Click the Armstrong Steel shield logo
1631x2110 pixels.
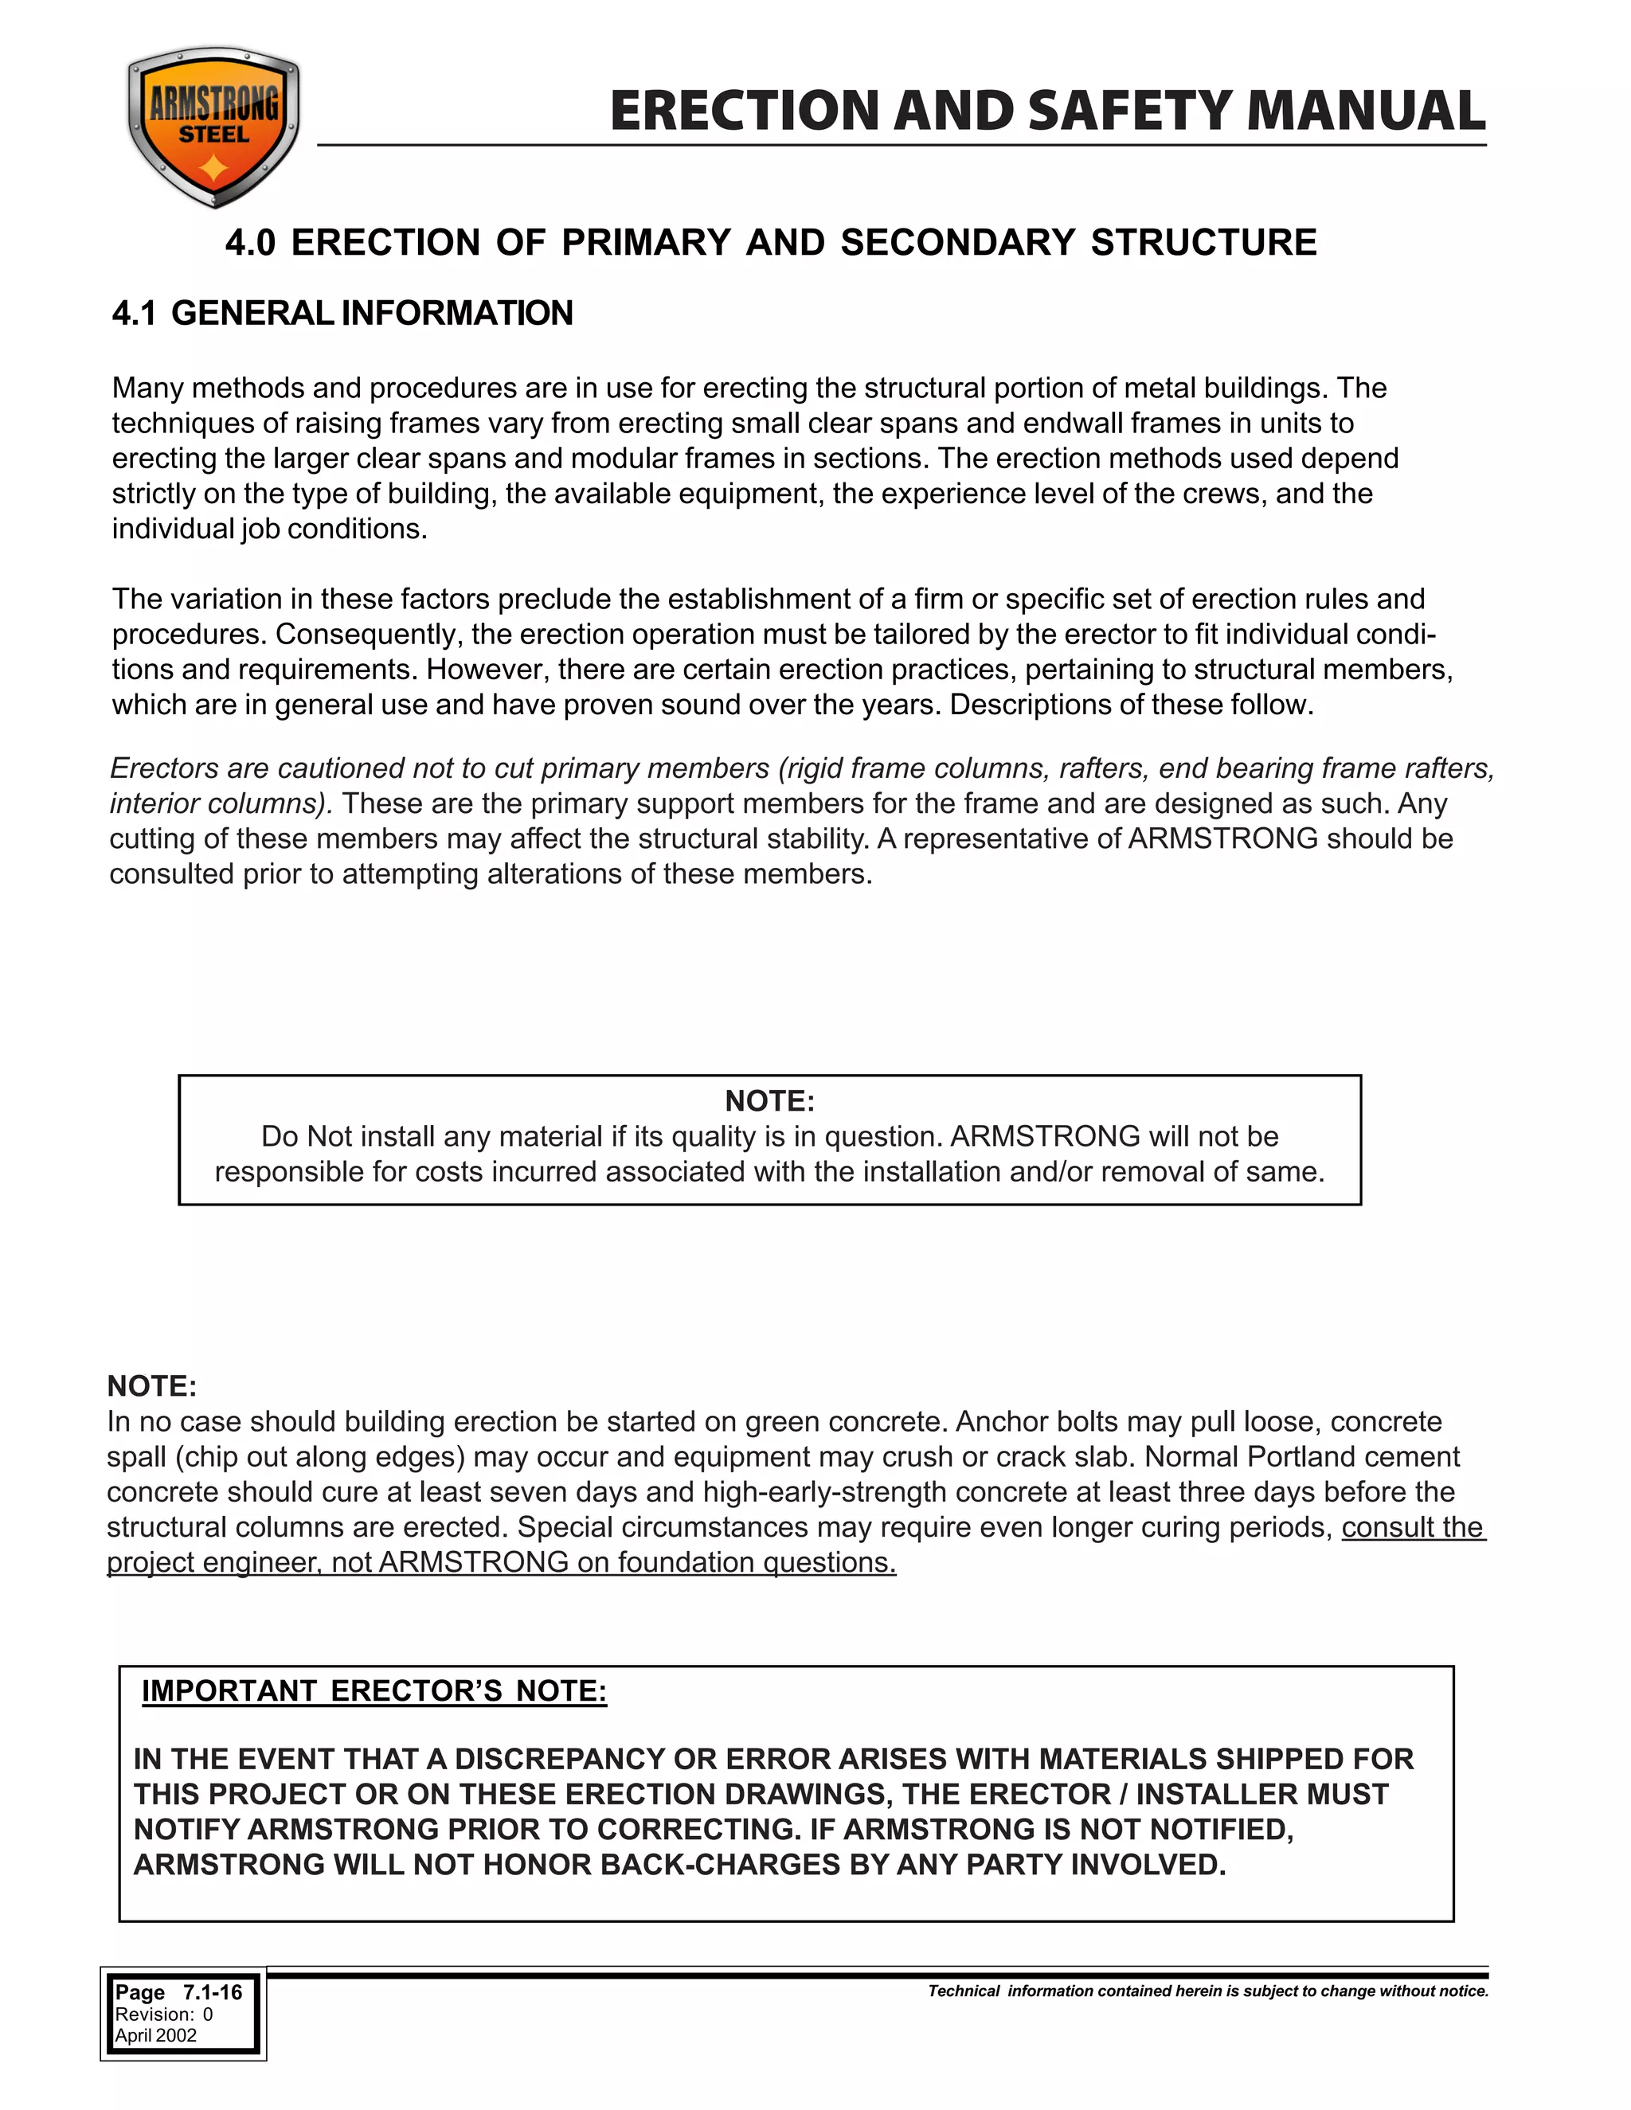click(213, 127)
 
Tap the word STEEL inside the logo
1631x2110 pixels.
click(213, 135)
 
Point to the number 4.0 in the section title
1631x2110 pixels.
click(250, 243)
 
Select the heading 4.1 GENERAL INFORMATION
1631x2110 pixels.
click(342, 313)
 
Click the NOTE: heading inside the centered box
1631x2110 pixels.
click(769, 1100)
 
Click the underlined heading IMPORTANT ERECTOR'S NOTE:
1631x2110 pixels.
click(374, 1690)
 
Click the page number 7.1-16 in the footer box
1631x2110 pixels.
click(213, 1992)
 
